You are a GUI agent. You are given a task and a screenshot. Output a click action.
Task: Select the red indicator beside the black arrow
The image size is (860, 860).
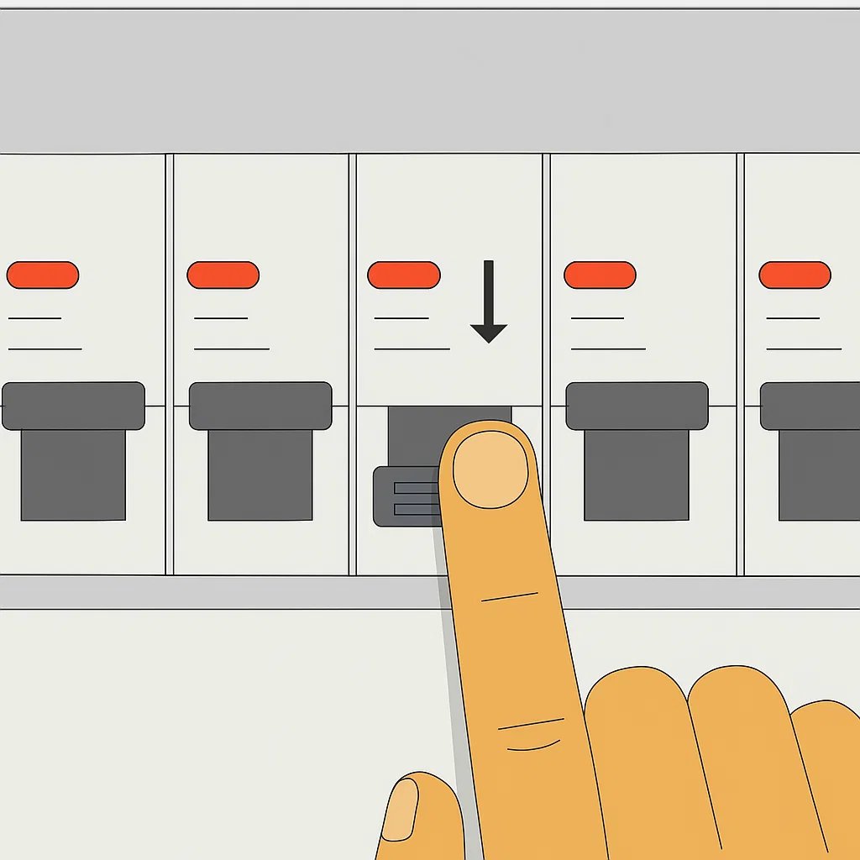404,275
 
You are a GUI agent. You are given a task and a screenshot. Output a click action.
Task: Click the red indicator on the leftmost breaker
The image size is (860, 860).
42,275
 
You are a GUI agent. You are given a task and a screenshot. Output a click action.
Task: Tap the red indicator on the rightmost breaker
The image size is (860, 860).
794,275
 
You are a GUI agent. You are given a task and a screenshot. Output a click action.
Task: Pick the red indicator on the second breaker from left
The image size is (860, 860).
223,275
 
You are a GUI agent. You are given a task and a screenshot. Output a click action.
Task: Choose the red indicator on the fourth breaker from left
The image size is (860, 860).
600,275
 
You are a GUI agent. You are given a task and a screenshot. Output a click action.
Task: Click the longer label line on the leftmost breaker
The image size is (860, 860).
45,349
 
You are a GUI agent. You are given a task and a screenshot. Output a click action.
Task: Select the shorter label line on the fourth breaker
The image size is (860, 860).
596,318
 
